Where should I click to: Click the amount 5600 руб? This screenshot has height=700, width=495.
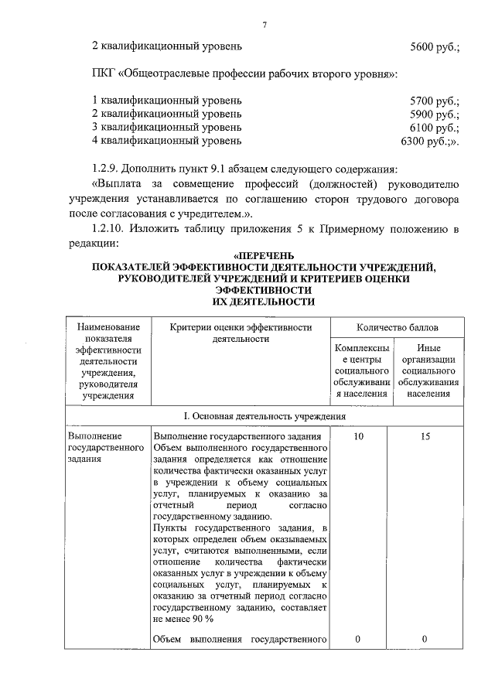point(435,46)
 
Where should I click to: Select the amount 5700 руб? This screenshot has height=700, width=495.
point(435,101)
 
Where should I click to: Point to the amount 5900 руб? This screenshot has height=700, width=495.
point(435,114)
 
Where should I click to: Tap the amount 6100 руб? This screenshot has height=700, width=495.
point(435,128)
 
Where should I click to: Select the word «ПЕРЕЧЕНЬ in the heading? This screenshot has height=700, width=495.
point(264,256)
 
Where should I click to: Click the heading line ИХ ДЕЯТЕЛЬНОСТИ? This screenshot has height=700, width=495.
point(264,301)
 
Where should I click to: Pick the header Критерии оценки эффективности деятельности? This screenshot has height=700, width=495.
point(241,333)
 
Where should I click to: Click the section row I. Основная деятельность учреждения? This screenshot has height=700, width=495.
point(264,415)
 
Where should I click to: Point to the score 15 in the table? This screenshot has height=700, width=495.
point(425,437)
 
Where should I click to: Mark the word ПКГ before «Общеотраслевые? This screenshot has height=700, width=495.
point(103,73)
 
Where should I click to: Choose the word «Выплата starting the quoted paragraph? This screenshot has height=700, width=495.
point(118,186)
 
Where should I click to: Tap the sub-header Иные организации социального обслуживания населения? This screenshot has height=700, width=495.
point(430,370)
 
